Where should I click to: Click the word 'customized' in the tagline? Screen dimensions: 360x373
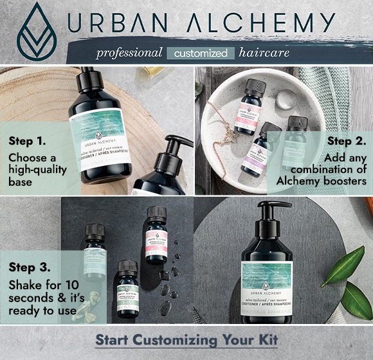tap(200, 53)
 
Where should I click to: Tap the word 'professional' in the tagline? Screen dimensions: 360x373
tap(129, 53)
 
